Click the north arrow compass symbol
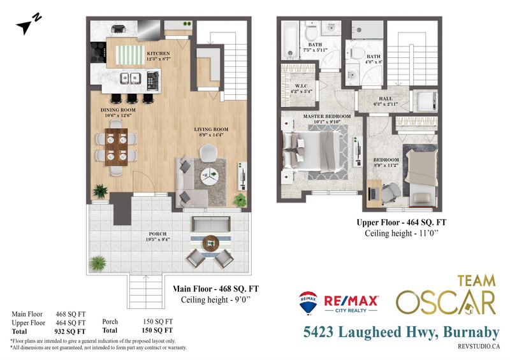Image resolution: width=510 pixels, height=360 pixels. [27, 24]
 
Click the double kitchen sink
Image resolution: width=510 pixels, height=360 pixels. [131, 78]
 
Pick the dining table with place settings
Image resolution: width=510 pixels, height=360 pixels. [114, 147]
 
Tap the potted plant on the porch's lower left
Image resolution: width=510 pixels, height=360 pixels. [98, 262]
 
